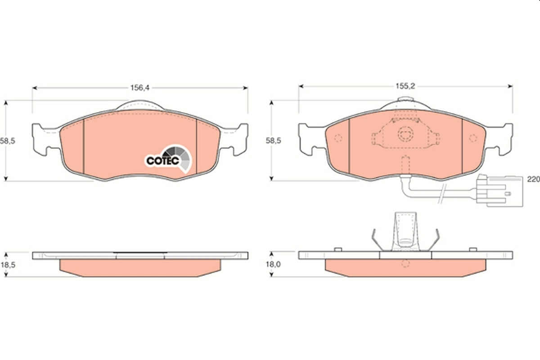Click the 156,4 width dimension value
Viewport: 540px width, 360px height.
pos(139,88)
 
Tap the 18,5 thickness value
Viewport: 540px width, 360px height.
pos(8,265)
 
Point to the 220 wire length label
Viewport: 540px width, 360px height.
pos(533,179)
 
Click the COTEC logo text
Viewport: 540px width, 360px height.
pos(163,160)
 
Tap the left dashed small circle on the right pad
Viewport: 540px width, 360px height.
pos(339,138)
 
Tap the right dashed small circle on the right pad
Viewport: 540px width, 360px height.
pos(472,138)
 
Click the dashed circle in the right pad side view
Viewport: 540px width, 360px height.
pos(405,264)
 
